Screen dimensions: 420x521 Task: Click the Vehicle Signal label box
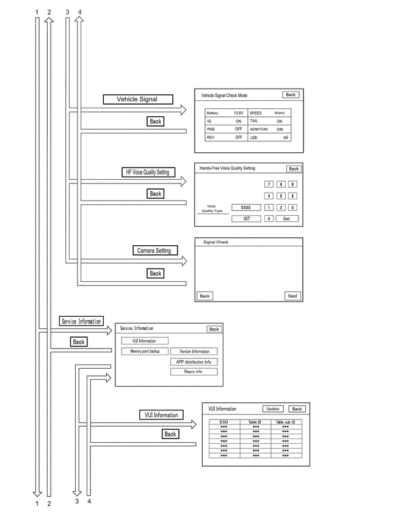[138, 99]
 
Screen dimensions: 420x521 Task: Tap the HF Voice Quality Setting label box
[148, 172]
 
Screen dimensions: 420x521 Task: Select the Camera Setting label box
[155, 251]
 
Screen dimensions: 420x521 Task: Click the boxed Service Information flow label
[81, 321]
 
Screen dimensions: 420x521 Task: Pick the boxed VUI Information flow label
[161, 415]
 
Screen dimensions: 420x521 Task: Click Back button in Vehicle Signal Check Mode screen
[291, 95]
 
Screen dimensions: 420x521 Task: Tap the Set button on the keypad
[287, 219]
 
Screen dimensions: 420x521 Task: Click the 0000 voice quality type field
[246, 208]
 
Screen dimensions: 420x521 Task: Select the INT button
[246, 219]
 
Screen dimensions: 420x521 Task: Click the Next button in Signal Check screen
[292, 296]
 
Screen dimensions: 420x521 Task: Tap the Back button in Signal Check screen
[205, 296]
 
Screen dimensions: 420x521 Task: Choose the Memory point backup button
[145, 351]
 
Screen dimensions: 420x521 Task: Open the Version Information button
[194, 351]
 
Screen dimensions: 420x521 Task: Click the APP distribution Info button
[194, 362]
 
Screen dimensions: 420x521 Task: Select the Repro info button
[194, 372]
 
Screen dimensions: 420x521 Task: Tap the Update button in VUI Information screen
[273, 409]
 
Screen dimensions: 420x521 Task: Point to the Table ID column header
[255, 422]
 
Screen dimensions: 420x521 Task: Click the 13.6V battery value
[238, 113]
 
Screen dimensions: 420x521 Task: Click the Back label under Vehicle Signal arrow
[155, 121]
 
